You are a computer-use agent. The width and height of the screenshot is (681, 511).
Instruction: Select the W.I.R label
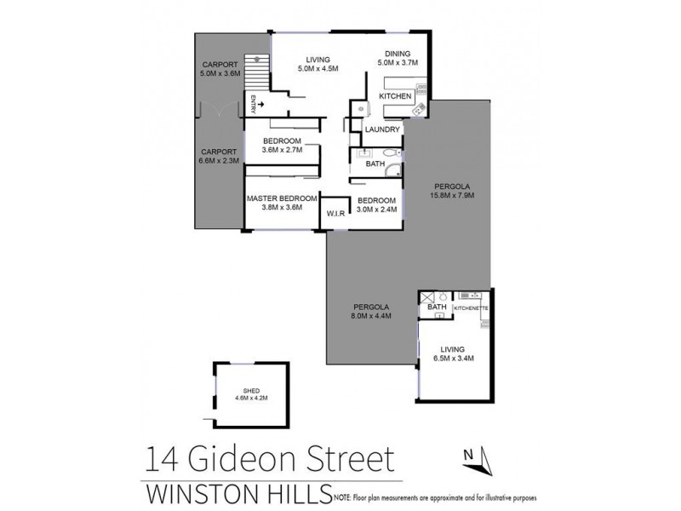(335, 213)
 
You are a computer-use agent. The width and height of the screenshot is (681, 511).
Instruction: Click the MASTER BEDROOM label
(281, 198)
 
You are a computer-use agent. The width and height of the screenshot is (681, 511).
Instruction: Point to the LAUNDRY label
(381, 129)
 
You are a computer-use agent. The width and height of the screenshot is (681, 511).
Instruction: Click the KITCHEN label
(394, 97)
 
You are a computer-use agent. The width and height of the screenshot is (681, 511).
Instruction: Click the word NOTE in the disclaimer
(344, 495)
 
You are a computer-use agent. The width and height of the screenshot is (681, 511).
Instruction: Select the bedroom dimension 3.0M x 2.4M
(373, 210)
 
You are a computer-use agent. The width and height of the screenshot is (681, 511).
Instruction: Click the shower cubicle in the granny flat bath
(427, 297)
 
